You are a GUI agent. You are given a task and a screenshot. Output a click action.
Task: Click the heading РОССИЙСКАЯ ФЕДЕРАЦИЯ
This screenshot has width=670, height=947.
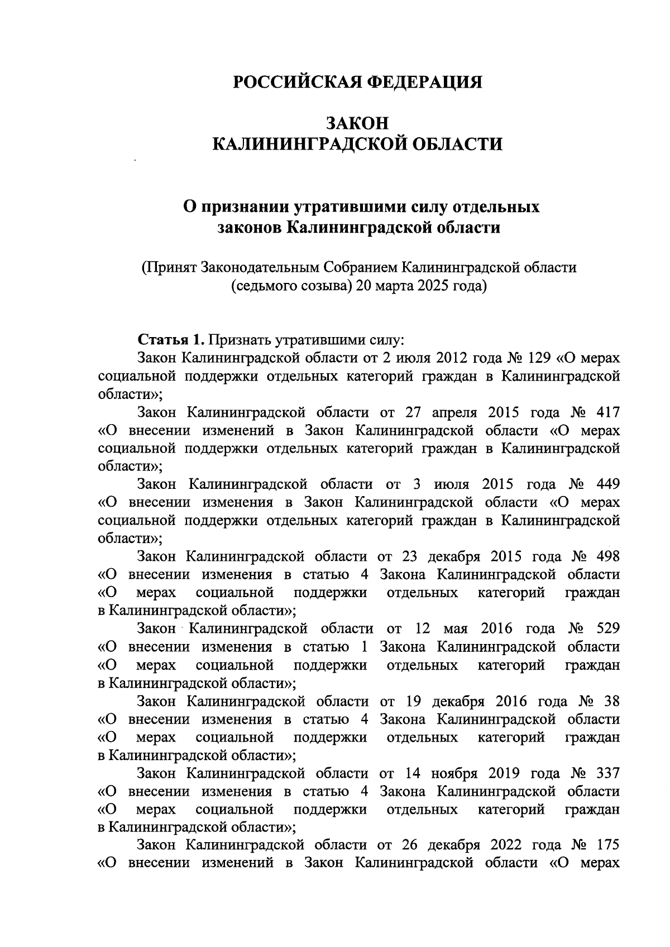click(x=357, y=82)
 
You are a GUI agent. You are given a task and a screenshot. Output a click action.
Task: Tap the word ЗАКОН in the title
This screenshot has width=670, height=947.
click(x=357, y=123)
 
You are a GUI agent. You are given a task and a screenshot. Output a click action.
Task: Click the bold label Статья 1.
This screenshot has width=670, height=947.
click(x=172, y=339)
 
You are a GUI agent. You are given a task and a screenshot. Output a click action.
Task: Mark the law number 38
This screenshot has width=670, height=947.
click(x=611, y=701)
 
